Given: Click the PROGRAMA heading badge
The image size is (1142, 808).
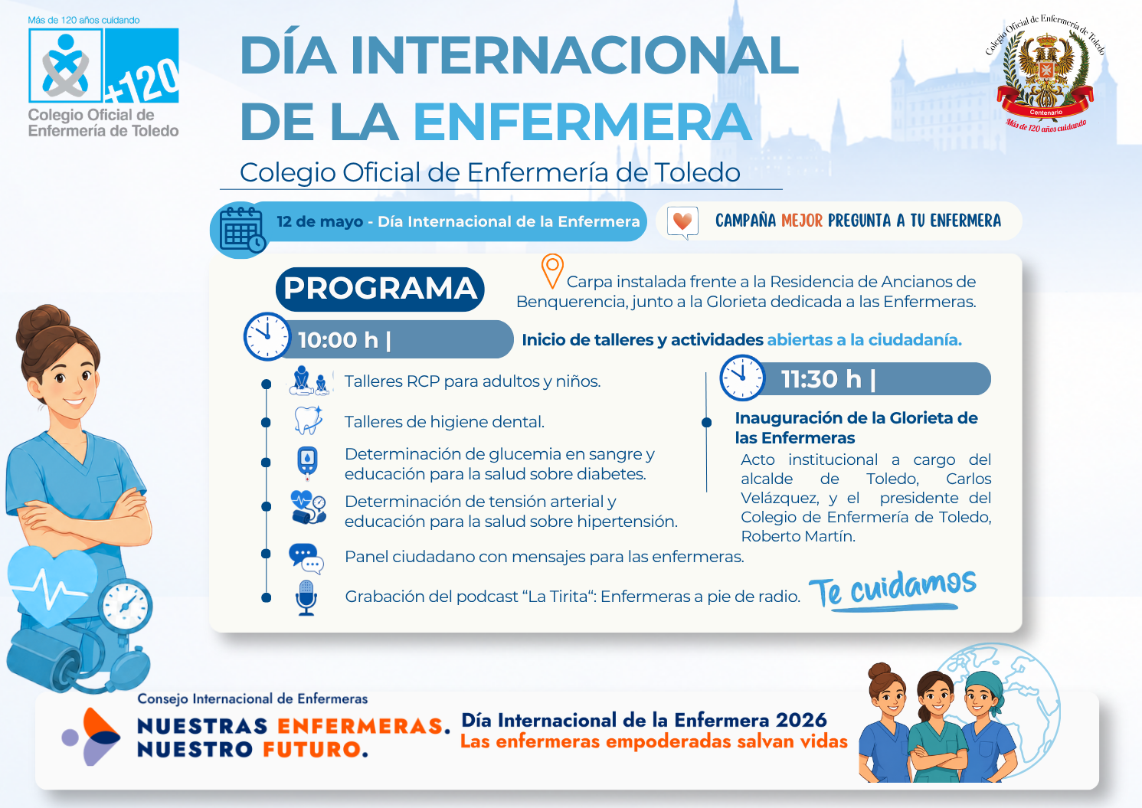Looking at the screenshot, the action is [380, 289].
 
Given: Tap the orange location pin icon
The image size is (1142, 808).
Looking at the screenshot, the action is [552, 270].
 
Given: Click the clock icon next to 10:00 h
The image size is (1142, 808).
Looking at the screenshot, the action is [267, 336].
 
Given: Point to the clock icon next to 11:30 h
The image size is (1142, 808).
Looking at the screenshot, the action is [742, 378].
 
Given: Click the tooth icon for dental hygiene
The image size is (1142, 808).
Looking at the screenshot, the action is [308, 420].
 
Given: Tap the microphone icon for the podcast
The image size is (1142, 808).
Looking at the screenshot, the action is [306, 597].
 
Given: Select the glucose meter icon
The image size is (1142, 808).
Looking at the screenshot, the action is [307, 463].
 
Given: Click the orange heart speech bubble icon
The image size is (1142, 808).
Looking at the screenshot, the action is [682, 222].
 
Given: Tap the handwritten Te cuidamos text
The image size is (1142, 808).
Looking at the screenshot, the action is [893, 589].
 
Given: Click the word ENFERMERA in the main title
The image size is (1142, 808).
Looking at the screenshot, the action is [582, 121].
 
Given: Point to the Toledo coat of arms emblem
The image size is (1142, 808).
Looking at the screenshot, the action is [1045, 74].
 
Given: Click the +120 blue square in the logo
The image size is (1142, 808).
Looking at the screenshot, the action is [141, 65].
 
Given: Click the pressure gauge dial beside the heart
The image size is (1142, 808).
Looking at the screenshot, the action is [126, 605].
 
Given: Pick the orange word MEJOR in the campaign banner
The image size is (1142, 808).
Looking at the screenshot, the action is [802, 221].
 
